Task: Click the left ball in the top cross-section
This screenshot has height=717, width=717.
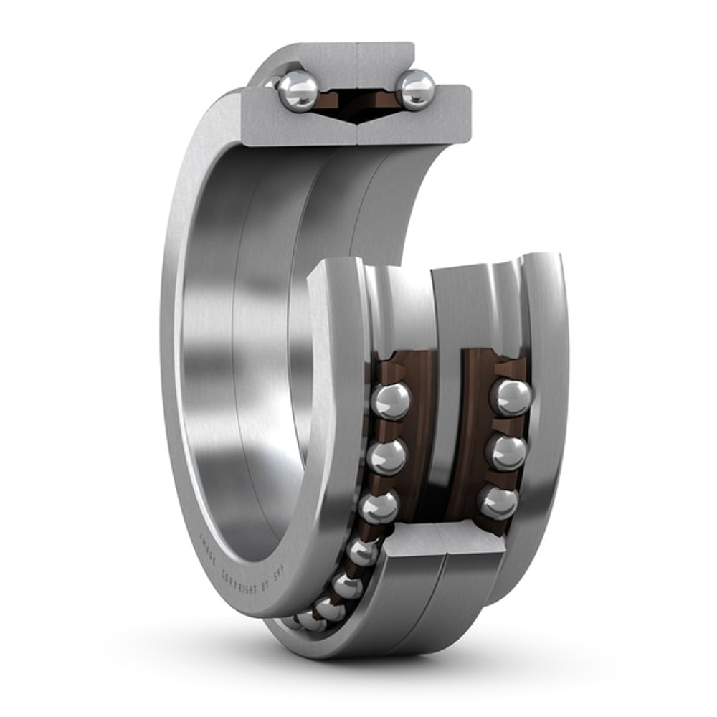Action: click(298, 91)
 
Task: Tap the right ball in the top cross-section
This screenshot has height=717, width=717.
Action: click(417, 90)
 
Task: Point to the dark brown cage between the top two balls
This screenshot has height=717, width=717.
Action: click(356, 100)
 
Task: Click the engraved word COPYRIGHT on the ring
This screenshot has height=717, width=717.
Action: click(238, 582)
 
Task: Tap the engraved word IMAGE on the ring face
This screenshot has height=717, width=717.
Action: click(208, 550)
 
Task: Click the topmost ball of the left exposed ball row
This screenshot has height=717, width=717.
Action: click(391, 401)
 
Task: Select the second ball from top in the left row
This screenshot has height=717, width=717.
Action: click(387, 456)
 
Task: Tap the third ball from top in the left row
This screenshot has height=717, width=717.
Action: click(379, 506)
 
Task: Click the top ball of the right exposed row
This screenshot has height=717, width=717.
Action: click(511, 397)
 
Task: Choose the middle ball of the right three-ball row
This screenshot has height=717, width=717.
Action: click(506, 452)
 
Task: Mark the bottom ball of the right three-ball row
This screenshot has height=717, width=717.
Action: click(498, 501)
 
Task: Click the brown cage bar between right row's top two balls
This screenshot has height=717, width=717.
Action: click(511, 424)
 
